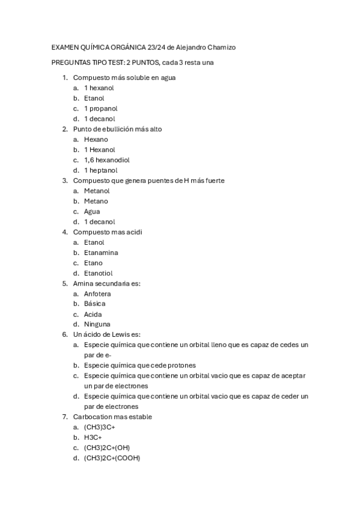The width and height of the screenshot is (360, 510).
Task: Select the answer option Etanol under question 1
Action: click(x=94, y=98)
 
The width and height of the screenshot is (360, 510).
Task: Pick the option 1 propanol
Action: click(x=100, y=108)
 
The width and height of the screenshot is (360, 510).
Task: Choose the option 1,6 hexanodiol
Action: click(x=107, y=160)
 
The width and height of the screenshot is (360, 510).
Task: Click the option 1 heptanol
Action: click(x=100, y=170)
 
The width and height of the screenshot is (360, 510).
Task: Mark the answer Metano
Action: click(x=96, y=201)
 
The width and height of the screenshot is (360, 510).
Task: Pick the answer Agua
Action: click(x=92, y=212)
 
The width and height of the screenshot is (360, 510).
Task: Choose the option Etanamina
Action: click(x=101, y=253)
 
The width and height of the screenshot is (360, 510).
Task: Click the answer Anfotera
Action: click(x=97, y=294)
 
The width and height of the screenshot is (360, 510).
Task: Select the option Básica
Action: click(x=94, y=304)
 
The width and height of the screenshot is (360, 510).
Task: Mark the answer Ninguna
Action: click(x=97, y=325)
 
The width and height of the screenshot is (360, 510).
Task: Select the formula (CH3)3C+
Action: click(x=99, y=427)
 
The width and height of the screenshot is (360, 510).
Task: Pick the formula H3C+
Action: click(x=93, y=437)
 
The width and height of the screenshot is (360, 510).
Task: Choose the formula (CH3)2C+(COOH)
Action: click(x=112, y=458)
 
